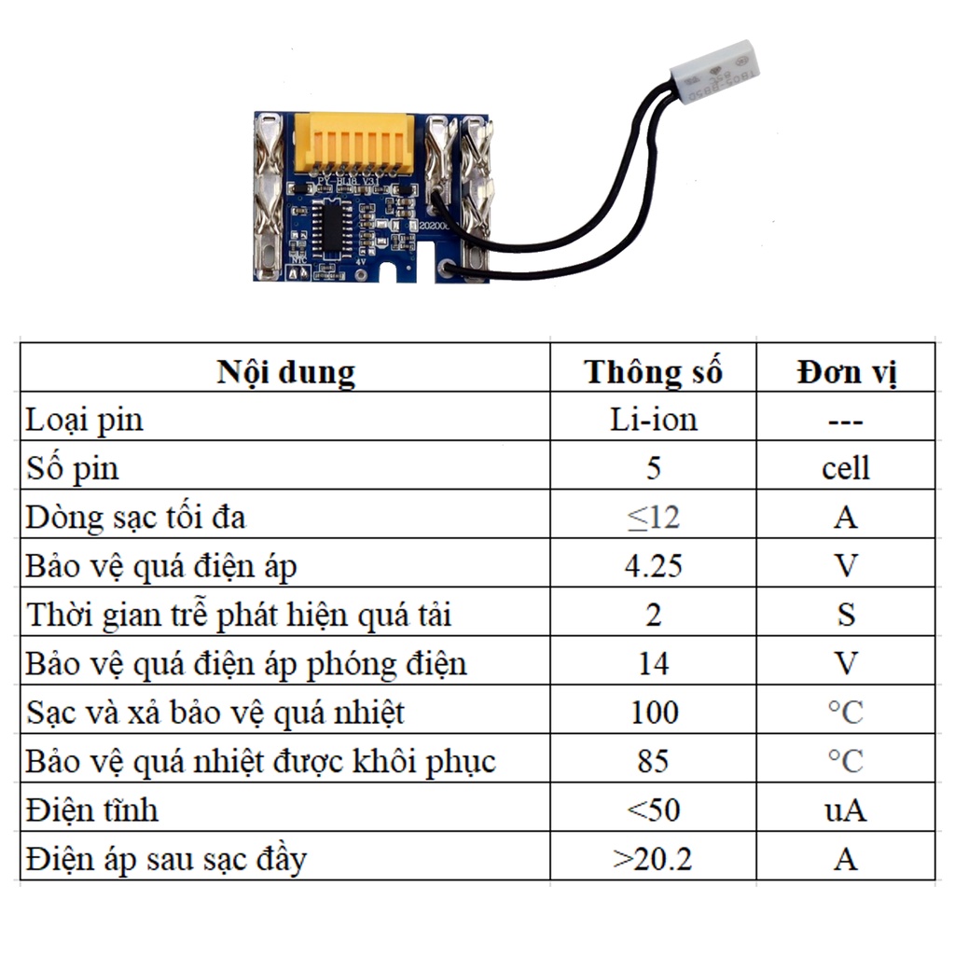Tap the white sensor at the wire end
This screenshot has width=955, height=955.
[720, 70]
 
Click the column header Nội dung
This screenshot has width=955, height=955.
[285, 372]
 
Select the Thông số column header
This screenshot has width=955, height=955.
[653, 372]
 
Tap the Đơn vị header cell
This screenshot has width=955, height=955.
[846, 372]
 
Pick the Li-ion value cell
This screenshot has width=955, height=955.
[653, 420]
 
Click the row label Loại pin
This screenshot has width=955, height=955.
[85, 420]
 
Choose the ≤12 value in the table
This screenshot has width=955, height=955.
[653, 516]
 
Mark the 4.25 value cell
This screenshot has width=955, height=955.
[653, 565]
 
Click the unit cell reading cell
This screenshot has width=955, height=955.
[846, 467]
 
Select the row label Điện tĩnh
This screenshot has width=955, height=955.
[92, 810]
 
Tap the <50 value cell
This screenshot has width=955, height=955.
[653, 810]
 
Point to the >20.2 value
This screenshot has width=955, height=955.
[653, 858]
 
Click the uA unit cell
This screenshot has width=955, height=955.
[846, 810]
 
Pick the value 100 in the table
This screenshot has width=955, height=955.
[653, 713]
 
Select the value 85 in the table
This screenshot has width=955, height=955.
[653, 761]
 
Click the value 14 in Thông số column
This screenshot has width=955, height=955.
[653, 663]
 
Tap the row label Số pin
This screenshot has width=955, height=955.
[73, 467]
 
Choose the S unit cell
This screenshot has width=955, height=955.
[846, 615]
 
